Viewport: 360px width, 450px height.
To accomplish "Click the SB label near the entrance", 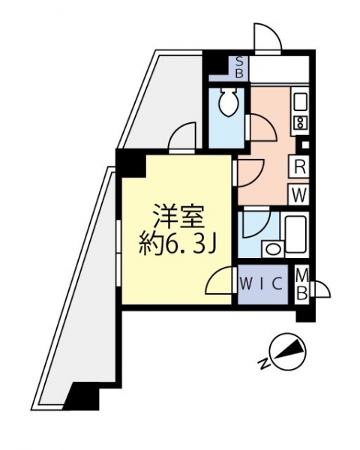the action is point(239,67).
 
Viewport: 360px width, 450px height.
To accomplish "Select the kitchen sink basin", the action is point(299,101).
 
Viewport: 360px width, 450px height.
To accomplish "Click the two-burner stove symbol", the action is point(300,123).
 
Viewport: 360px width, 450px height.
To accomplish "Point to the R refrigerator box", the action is point(300,168).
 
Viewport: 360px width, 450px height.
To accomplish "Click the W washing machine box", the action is point(299,194).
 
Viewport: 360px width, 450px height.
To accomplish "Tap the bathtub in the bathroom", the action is point(295,234).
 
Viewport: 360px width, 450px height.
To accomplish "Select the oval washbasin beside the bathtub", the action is point(273,248).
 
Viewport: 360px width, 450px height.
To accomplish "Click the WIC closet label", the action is point(261,284).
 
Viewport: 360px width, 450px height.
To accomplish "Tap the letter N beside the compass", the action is point(264,363).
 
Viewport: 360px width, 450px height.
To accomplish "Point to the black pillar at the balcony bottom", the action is point(81,396).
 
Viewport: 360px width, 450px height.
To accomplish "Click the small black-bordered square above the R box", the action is point(304,145).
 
